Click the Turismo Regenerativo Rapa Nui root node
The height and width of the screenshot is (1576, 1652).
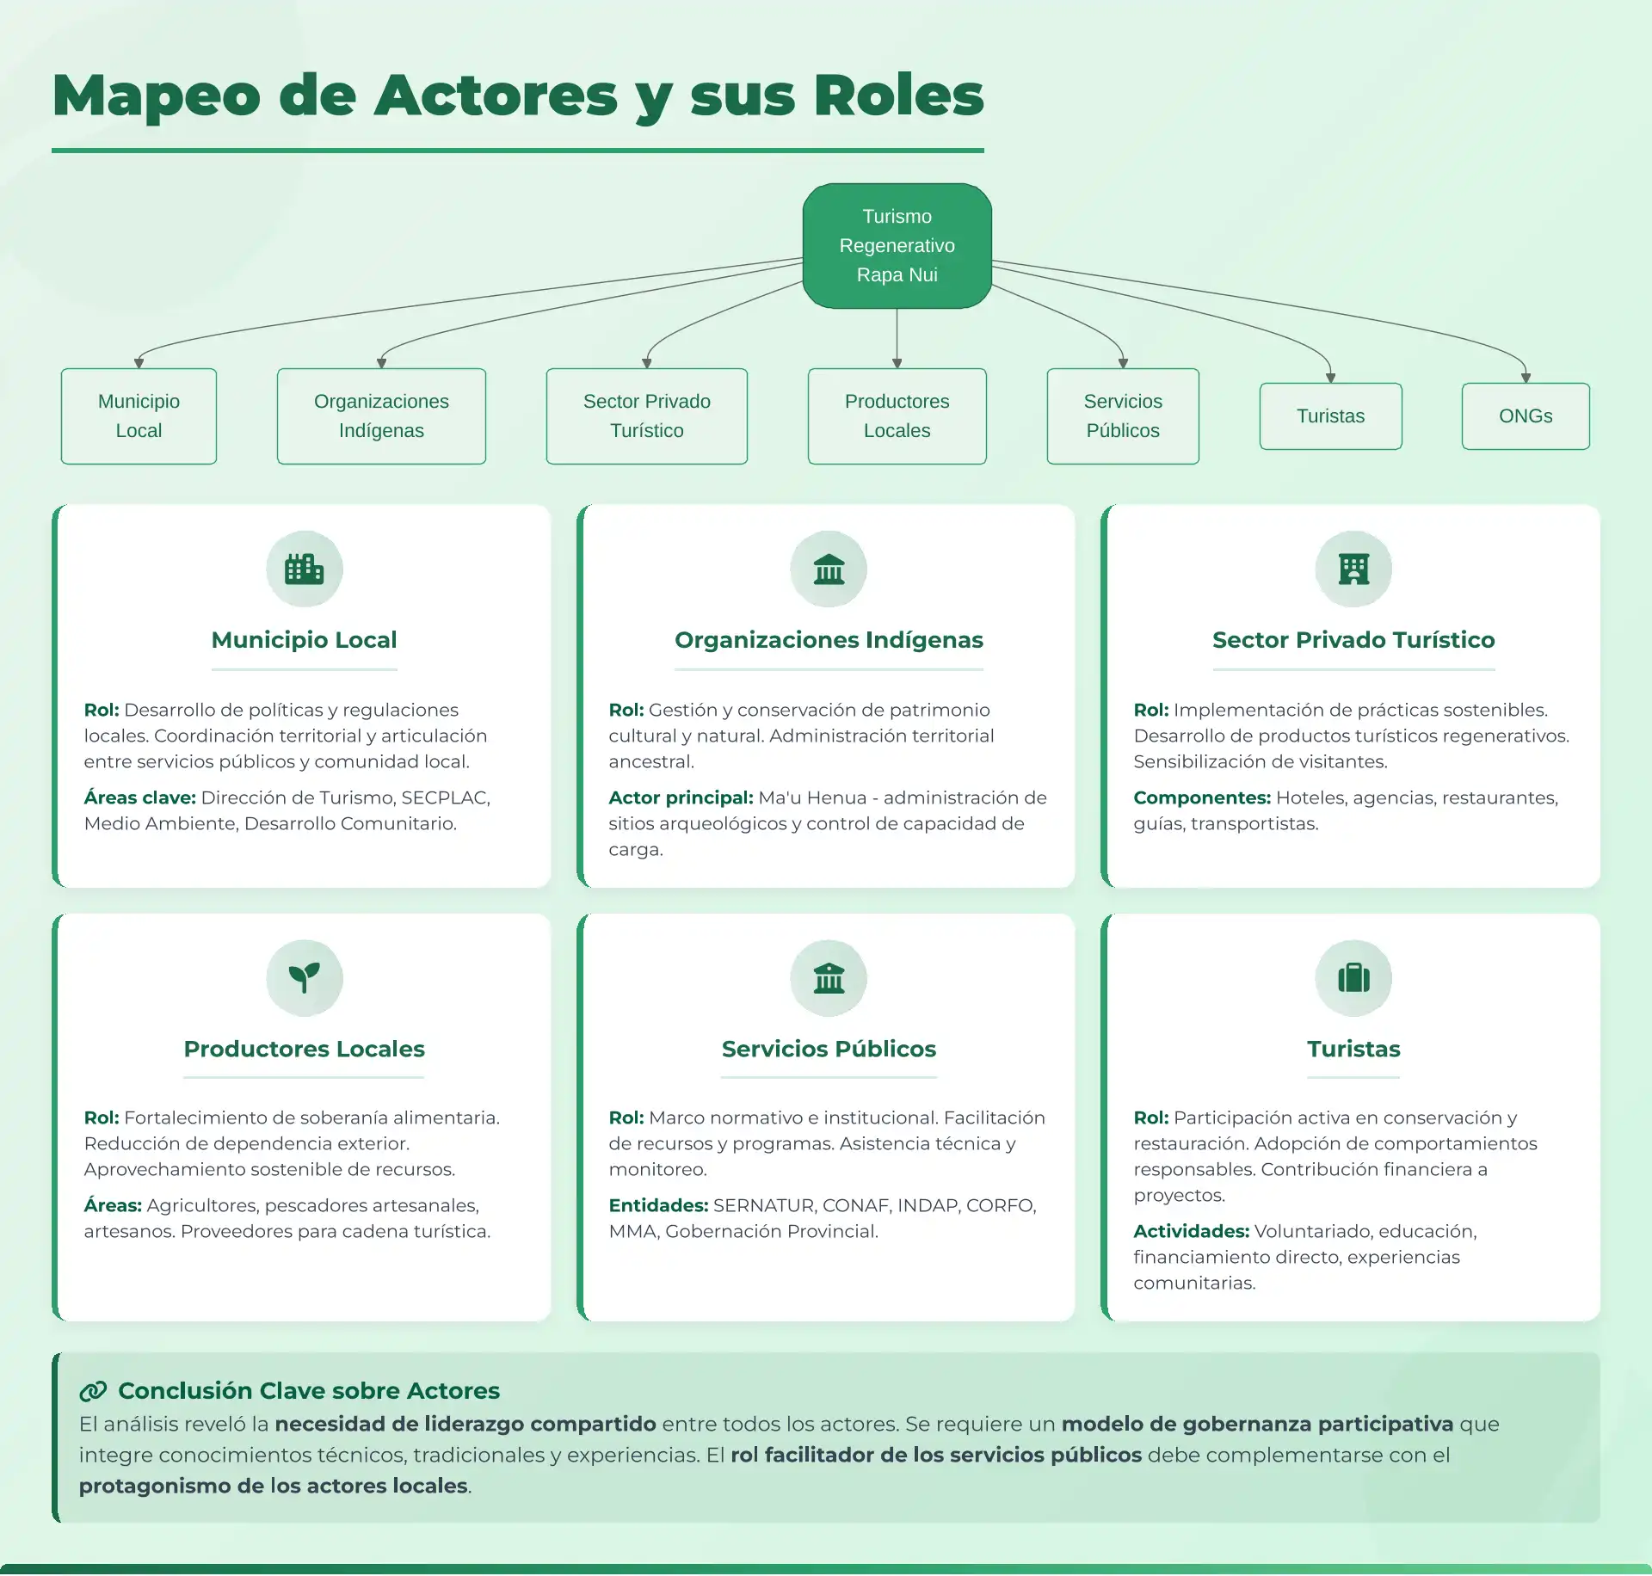click(x=897, y=246)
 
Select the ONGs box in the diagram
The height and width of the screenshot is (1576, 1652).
click(x=1525, y=416)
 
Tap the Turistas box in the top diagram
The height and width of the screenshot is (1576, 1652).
click(x=1330, y=416)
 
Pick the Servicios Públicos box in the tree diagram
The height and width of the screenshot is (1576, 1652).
click(x=1122, y=416)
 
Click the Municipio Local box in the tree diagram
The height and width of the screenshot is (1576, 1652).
click(x=139, y=416)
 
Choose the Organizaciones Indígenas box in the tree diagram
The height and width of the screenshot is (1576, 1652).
click(x=381, y=416)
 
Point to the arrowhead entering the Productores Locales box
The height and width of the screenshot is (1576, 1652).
click(x=897, y=363)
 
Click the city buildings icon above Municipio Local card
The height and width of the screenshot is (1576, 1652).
click(x=304, y=569)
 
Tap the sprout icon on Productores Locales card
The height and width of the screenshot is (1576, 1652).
click(x=304, y=978)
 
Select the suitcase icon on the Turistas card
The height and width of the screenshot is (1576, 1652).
click(x=1353, y=978)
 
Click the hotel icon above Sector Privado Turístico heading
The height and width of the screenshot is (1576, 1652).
click(x=1353, y=569)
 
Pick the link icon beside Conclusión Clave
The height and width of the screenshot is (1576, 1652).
click(x=93, y=1391)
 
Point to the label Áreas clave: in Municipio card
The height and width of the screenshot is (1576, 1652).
click(x=139, y=797)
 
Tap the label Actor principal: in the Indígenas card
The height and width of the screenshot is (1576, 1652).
click(x=681, y=797)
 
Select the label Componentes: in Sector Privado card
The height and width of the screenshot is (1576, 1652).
click(x=1201, y=797)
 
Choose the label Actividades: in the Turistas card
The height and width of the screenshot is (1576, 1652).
click(x=1191, y=1231)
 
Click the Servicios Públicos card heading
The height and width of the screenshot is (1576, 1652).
click(x=829, y=1049)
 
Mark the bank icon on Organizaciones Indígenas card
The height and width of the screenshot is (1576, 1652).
click(x=829, y=569)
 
